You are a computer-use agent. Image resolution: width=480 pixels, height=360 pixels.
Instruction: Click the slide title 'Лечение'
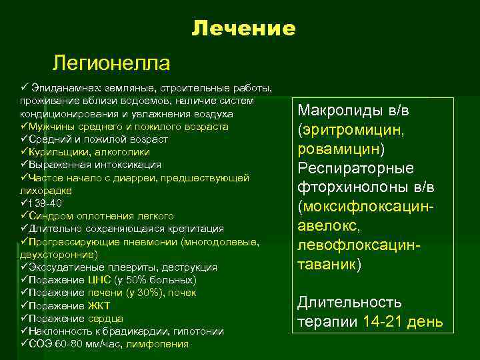pos(243,28)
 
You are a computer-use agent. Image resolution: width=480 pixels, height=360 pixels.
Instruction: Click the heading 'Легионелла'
pos(111,63)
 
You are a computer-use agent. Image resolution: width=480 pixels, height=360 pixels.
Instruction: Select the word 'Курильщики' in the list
pos(57,152)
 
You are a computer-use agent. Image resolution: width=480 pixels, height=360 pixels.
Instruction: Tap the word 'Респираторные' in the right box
pos(355,167)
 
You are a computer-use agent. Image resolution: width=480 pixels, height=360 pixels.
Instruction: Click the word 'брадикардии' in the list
pos(126,331)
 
